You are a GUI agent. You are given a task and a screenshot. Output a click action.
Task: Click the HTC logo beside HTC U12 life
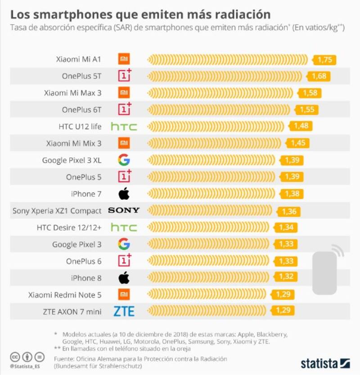[x=124, y=127]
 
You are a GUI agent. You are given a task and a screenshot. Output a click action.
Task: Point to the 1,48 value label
[x=301, y=126]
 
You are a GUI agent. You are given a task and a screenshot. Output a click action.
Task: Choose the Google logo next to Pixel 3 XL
[x=124, y=160]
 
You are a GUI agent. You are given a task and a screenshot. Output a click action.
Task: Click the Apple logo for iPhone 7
[x=124, y=194]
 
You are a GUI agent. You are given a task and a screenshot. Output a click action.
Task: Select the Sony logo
[x=124, y=210]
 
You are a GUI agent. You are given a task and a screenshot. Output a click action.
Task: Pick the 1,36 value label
[x=289, y=211]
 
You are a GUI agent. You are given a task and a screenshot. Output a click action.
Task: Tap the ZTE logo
[x=124, y=311]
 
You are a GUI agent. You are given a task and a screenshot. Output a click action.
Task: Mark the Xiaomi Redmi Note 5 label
[x=65, y=295]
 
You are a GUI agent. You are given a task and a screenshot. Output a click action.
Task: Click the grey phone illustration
[x=325, y=272]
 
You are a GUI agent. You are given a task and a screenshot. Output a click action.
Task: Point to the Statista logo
[x=325, y=363]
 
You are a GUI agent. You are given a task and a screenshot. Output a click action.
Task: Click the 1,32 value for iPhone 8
[x=286, y=277]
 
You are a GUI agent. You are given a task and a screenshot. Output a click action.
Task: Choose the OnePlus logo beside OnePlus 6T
[x=124, y=109]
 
